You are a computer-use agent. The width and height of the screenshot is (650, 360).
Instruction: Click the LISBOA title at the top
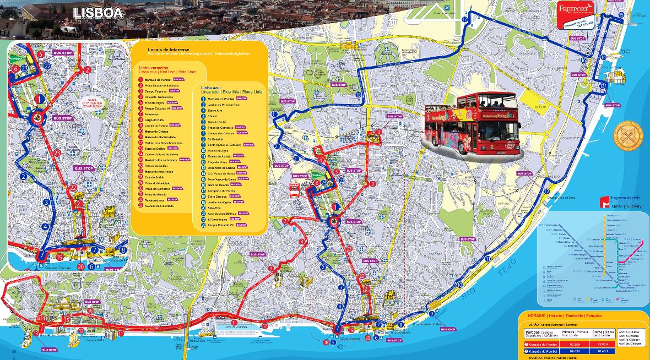coord(97,13)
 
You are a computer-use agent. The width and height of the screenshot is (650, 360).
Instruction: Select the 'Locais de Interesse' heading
coord(169,50)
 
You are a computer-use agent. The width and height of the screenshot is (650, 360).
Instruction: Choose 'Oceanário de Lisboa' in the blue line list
coord(221,167)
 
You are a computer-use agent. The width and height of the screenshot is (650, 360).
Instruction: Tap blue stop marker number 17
coord(464,19)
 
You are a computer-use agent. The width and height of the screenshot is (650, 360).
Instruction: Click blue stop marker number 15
coord(621,15)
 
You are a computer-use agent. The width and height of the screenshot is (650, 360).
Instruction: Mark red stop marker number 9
coord(271,269)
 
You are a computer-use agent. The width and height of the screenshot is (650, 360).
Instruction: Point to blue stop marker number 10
coord(460,285)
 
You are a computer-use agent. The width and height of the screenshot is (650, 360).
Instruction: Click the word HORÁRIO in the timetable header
coord(532,315)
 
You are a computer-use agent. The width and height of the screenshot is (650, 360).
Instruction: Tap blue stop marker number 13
coord(602,86)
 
